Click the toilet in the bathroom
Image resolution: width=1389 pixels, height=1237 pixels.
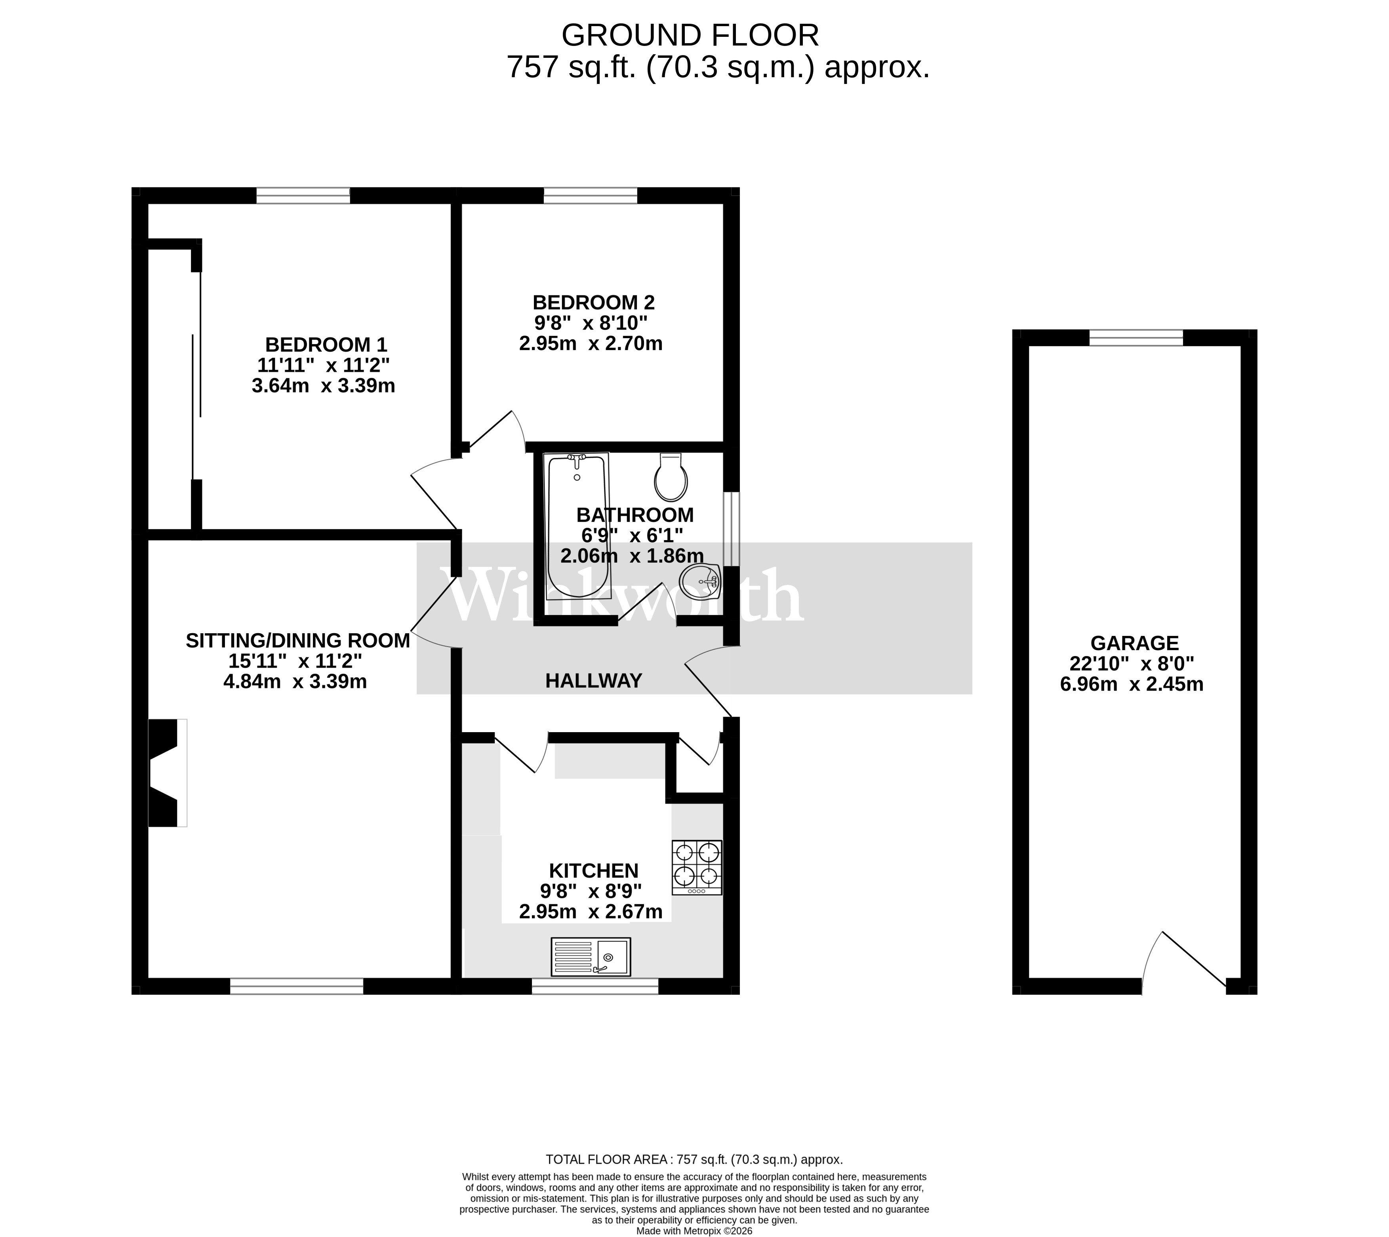pos(671,478)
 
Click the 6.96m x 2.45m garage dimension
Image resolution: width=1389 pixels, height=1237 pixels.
pos(1131,684)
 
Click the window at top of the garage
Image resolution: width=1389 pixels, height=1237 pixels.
pos(1136,338)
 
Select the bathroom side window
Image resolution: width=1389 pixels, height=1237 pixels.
pos(731,529)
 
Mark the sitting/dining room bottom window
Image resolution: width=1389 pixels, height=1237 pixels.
pos(296,986)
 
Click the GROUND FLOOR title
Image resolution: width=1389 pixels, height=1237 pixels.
pos(690,35)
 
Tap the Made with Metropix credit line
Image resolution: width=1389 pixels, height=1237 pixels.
pos(694,1230)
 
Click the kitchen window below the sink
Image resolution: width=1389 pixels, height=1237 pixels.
pos(595,986)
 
